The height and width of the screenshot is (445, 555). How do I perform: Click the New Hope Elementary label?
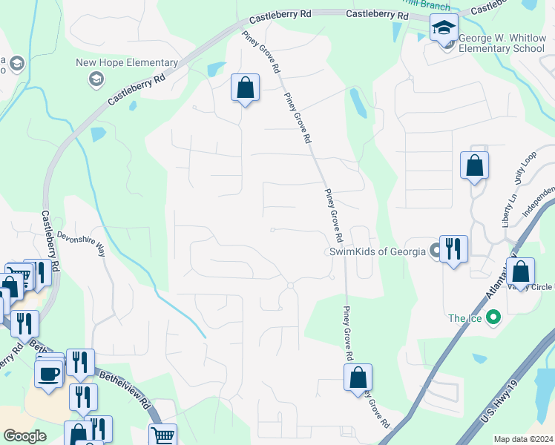[127, 63]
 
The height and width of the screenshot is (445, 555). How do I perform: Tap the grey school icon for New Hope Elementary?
[96, 79]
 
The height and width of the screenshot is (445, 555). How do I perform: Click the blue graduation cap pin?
[444, 29]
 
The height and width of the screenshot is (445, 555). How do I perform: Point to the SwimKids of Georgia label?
[378, 251]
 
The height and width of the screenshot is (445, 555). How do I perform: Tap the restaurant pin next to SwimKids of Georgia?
[453, 248]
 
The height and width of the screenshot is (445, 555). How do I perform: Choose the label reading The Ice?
[464, 318]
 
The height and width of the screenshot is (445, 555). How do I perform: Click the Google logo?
[24, 436]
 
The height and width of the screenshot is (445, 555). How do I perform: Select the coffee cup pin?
[50, 373]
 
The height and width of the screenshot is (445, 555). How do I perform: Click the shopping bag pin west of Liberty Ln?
[474, 165]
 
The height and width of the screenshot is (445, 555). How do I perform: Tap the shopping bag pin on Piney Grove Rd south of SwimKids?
[358, 378]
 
